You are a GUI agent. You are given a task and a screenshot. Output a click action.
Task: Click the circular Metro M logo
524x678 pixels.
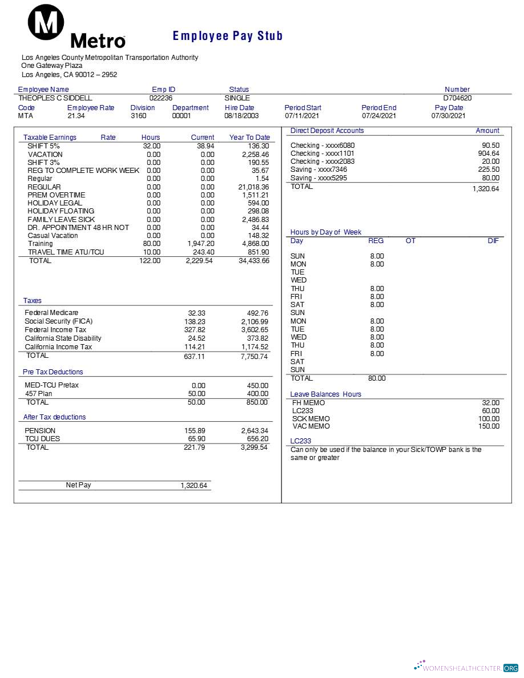click(46, 22)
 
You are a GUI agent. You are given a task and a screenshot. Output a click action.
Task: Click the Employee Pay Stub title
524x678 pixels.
click(227, 36)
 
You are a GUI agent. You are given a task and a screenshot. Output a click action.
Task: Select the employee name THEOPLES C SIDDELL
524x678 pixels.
click(55, 98)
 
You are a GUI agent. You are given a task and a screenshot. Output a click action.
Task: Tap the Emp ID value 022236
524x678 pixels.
click(161, 98)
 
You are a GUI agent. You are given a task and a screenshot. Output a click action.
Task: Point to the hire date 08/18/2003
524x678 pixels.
click(241, 116)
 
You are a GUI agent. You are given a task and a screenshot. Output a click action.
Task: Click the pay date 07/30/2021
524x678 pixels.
click(449, 116)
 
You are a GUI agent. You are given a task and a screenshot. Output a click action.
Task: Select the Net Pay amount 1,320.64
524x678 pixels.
click(194, 486)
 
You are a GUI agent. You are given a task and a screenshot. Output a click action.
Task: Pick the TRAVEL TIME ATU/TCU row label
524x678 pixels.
click(66, 252)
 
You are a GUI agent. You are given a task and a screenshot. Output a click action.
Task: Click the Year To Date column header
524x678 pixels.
click(249, 138)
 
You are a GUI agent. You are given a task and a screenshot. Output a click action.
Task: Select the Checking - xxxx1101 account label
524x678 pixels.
click(323, 154)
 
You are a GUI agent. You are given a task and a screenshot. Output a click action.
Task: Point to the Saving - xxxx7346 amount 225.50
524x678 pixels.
click(488, 169)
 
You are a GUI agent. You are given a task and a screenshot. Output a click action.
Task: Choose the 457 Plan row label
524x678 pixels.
click(39, 394)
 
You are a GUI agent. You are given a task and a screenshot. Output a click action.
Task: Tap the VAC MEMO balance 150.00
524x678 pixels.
click(489, 426)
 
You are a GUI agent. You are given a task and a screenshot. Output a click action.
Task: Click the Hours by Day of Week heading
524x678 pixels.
click(325, 232)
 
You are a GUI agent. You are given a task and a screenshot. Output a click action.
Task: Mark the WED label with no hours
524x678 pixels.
click(299, 280)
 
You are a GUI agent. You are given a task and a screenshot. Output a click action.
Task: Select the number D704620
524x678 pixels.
click(457, 98)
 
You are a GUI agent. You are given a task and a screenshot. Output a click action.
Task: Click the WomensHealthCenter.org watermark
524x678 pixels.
click(466, 668)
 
